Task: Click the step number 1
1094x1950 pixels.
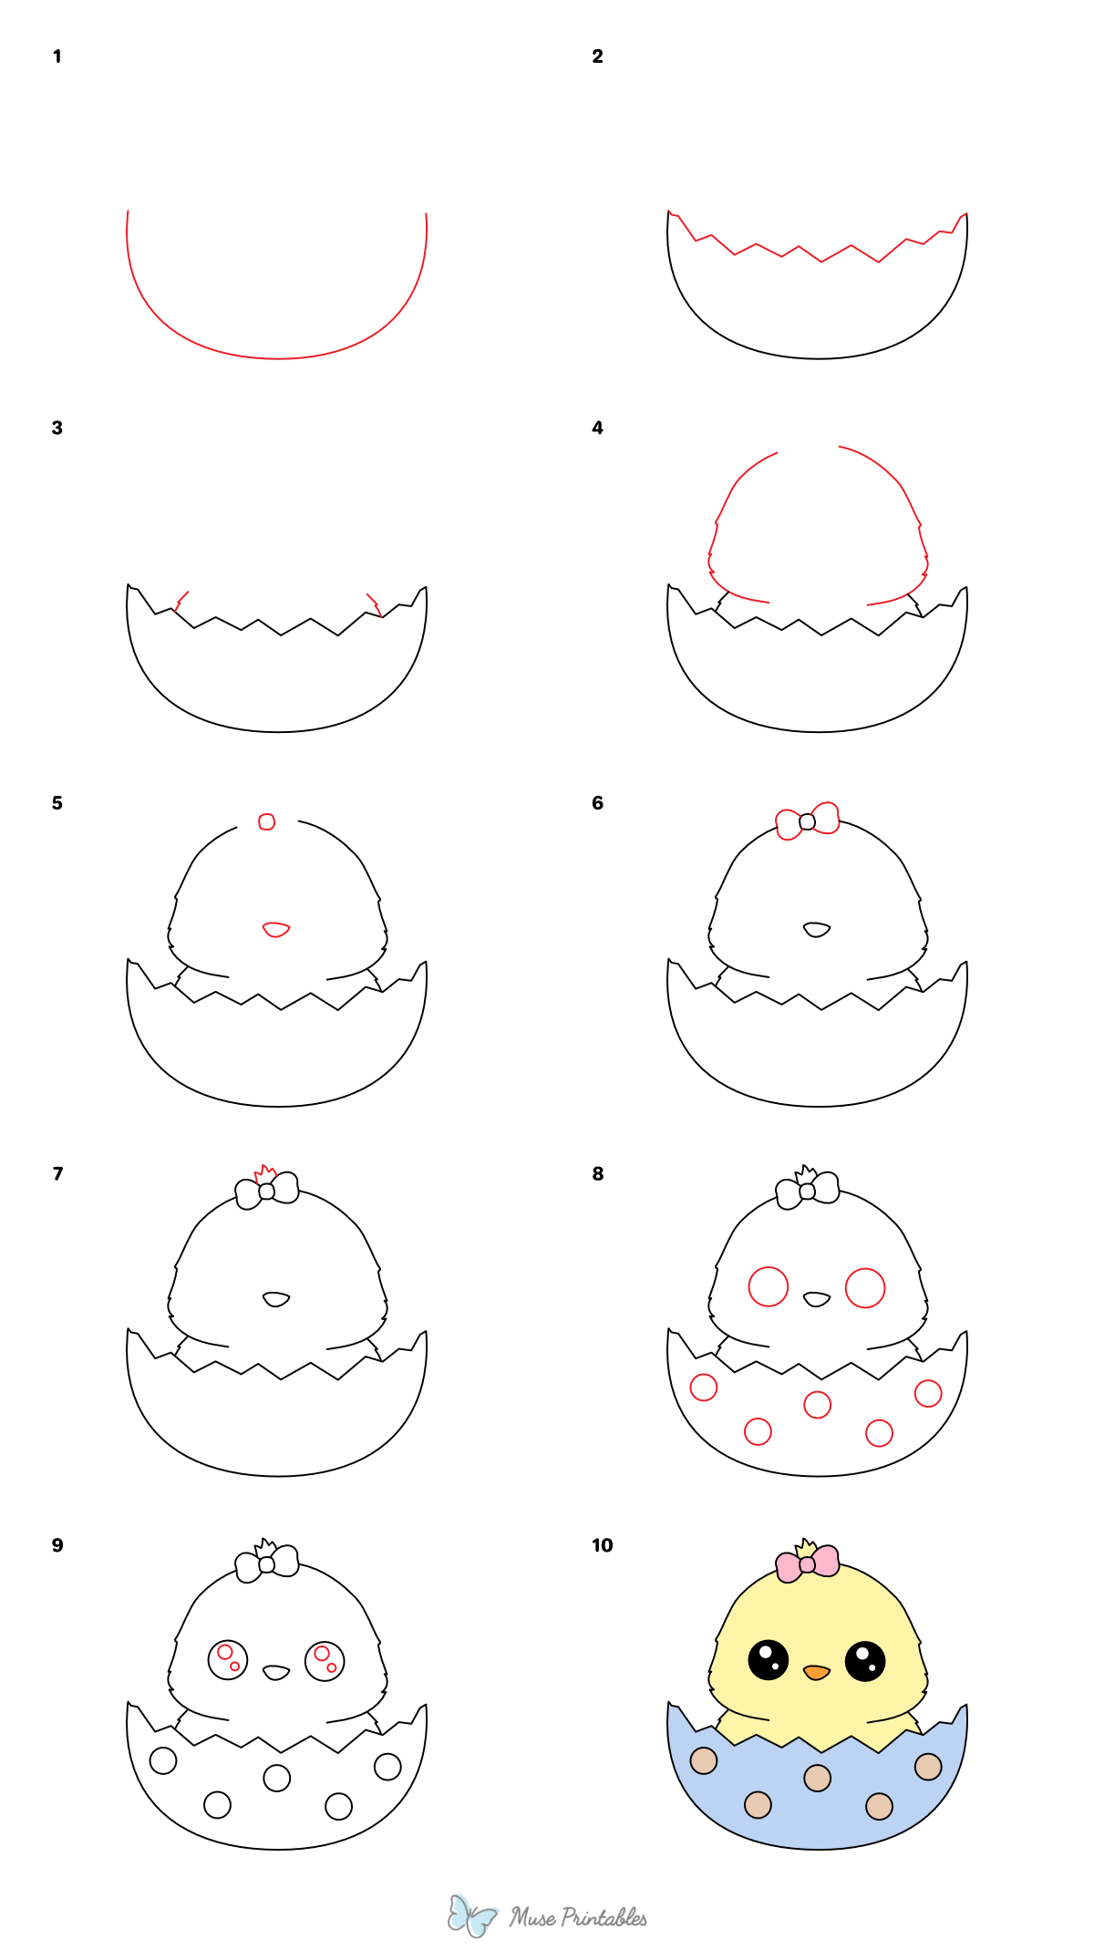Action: [x=57, y=57]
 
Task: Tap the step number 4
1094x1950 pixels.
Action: [x=597, y=428]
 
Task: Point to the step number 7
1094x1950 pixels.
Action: [x=57, y=1173]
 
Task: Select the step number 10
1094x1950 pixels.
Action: [x=602, y=1545]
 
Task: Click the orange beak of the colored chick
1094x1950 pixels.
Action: [x=816, y=1672]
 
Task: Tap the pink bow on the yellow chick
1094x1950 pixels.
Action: [x=808, y=1564]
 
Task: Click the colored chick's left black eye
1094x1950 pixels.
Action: [x=769, y=1659]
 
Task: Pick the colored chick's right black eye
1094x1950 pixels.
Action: [x=865, y=1660]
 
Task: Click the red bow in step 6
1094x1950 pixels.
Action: [x=808, y=820]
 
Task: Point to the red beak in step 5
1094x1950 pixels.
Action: [x=276, y=929]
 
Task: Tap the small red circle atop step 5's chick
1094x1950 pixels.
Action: [x=266, y=821]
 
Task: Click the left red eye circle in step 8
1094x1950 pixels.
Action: [x=769, y=1286]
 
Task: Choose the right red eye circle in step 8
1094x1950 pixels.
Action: [x=865, y=1287]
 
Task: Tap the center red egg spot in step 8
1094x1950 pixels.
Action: [x=817, y=1405]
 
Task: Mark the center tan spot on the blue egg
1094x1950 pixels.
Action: [x=817, y=1778]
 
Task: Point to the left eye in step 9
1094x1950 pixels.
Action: [x=228, y=1659]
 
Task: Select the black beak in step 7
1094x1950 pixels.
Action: [x=276, y=1298]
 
